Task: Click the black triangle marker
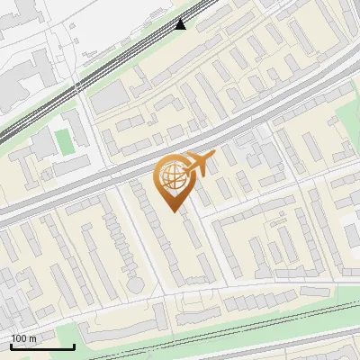(181, 24)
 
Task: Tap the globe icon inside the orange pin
(172, 176)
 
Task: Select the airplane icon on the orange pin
(198, 163)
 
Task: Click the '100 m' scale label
(24, 338)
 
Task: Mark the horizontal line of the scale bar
(42, 347)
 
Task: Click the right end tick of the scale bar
(74, 345)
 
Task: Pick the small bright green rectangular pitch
(62, 141)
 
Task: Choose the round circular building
(135, 285)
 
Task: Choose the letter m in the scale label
(32, 338)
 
